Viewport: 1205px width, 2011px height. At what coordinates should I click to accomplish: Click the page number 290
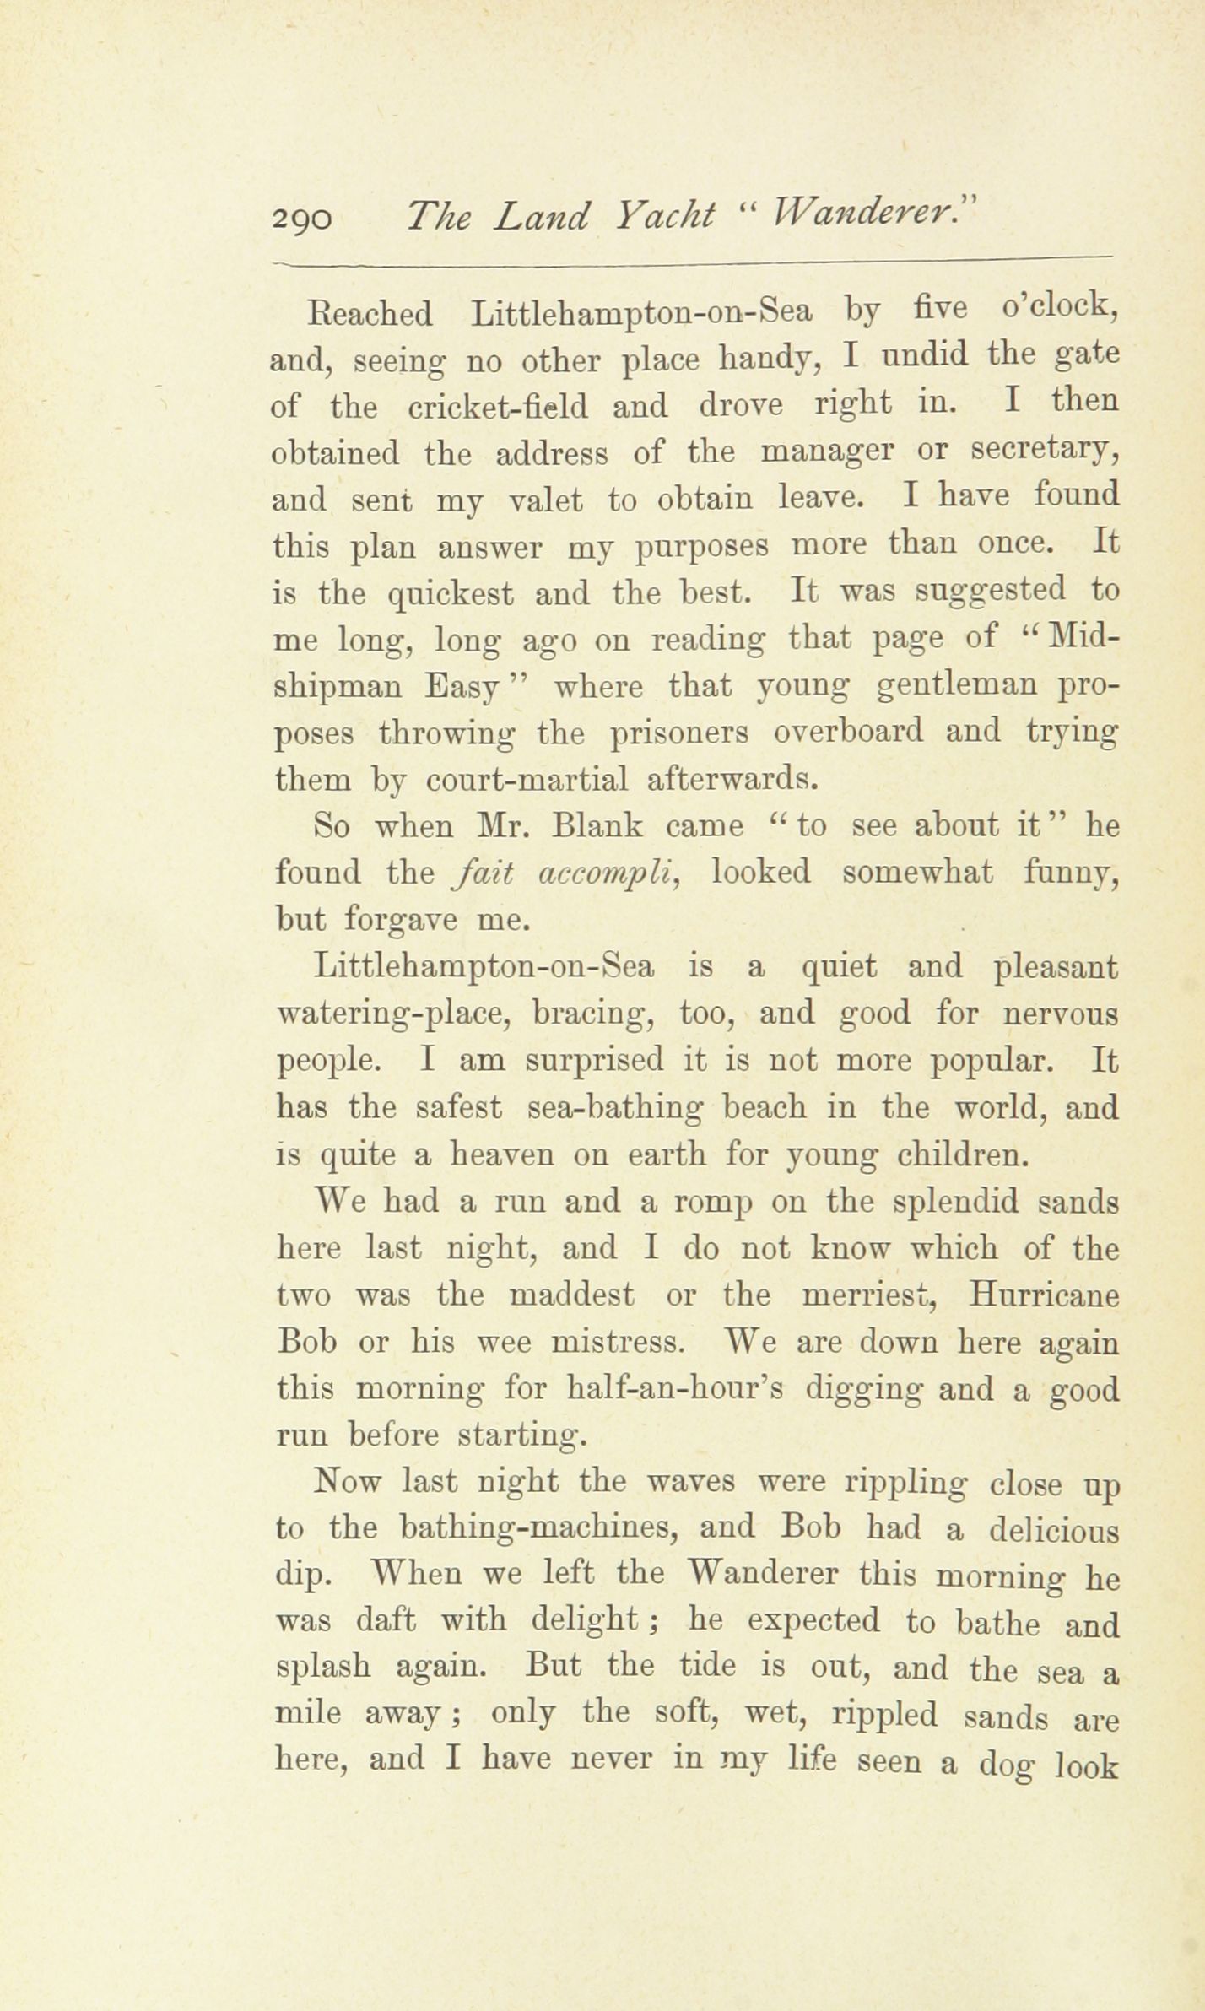(303, 221)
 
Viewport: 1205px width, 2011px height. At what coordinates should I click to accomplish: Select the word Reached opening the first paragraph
(371, 315)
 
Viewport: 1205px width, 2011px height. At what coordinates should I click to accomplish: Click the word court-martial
(527, 778)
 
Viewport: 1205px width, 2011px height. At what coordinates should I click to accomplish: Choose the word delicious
(1052, 1528)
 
